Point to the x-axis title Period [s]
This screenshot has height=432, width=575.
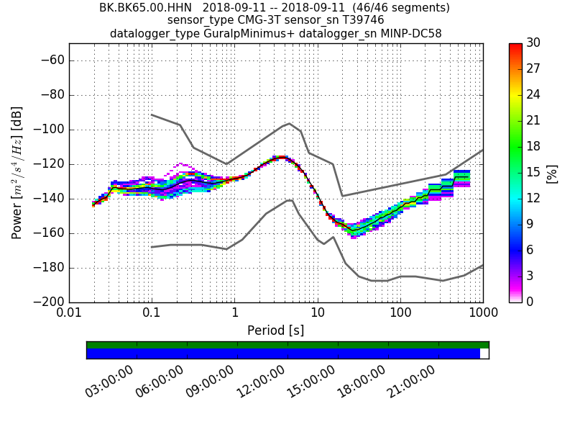tap(275, 330)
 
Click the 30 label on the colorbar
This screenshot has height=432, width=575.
tap(533, 43)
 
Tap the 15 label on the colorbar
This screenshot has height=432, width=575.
tap(533, 173)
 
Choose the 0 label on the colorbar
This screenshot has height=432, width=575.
tap(530, 302)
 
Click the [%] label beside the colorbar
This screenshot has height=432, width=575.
tap(552, 173)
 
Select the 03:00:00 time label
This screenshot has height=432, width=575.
tap(109, 382)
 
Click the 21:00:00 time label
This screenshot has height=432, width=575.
tap(411, 382)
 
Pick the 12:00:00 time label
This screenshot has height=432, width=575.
tap(260, 382)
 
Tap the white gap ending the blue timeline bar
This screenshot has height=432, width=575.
tap(484, 354)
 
